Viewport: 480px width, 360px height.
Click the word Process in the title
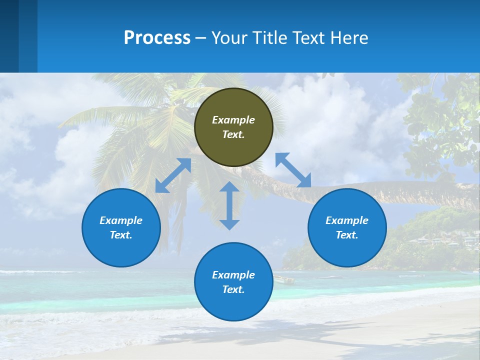157,38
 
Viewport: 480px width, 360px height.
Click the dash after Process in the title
200,38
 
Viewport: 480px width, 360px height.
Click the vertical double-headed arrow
229,205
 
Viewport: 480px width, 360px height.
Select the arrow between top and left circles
173,175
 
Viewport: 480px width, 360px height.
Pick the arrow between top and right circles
293,170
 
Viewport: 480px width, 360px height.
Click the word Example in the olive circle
233,120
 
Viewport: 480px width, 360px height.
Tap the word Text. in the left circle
121,235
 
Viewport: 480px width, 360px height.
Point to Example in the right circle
347,220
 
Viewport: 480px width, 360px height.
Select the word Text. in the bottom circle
233,289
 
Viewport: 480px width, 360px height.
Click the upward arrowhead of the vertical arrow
229,186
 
